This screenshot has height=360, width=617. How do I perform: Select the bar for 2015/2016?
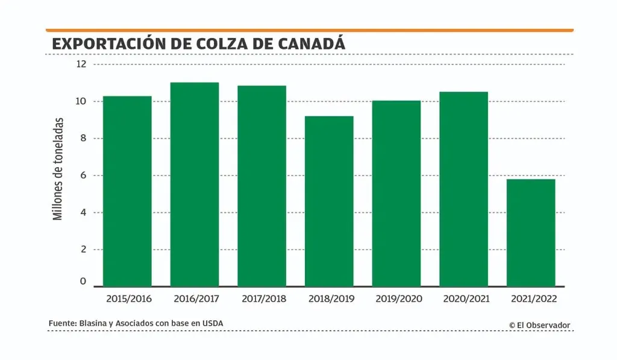[127, 191]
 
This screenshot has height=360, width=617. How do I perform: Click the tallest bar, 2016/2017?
[194, 184]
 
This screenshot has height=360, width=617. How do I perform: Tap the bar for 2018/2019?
[329, 201]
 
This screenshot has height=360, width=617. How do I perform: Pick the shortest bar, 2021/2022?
[531, 232]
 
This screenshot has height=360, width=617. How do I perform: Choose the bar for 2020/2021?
[463, 189]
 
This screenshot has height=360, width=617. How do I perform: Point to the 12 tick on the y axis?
[81, 64]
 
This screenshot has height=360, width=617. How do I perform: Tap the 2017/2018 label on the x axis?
[264, 299]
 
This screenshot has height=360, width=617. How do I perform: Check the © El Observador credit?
[539, 326]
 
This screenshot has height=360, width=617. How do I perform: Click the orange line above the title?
[309, 30]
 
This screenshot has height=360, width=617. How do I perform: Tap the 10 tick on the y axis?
[81, 101]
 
